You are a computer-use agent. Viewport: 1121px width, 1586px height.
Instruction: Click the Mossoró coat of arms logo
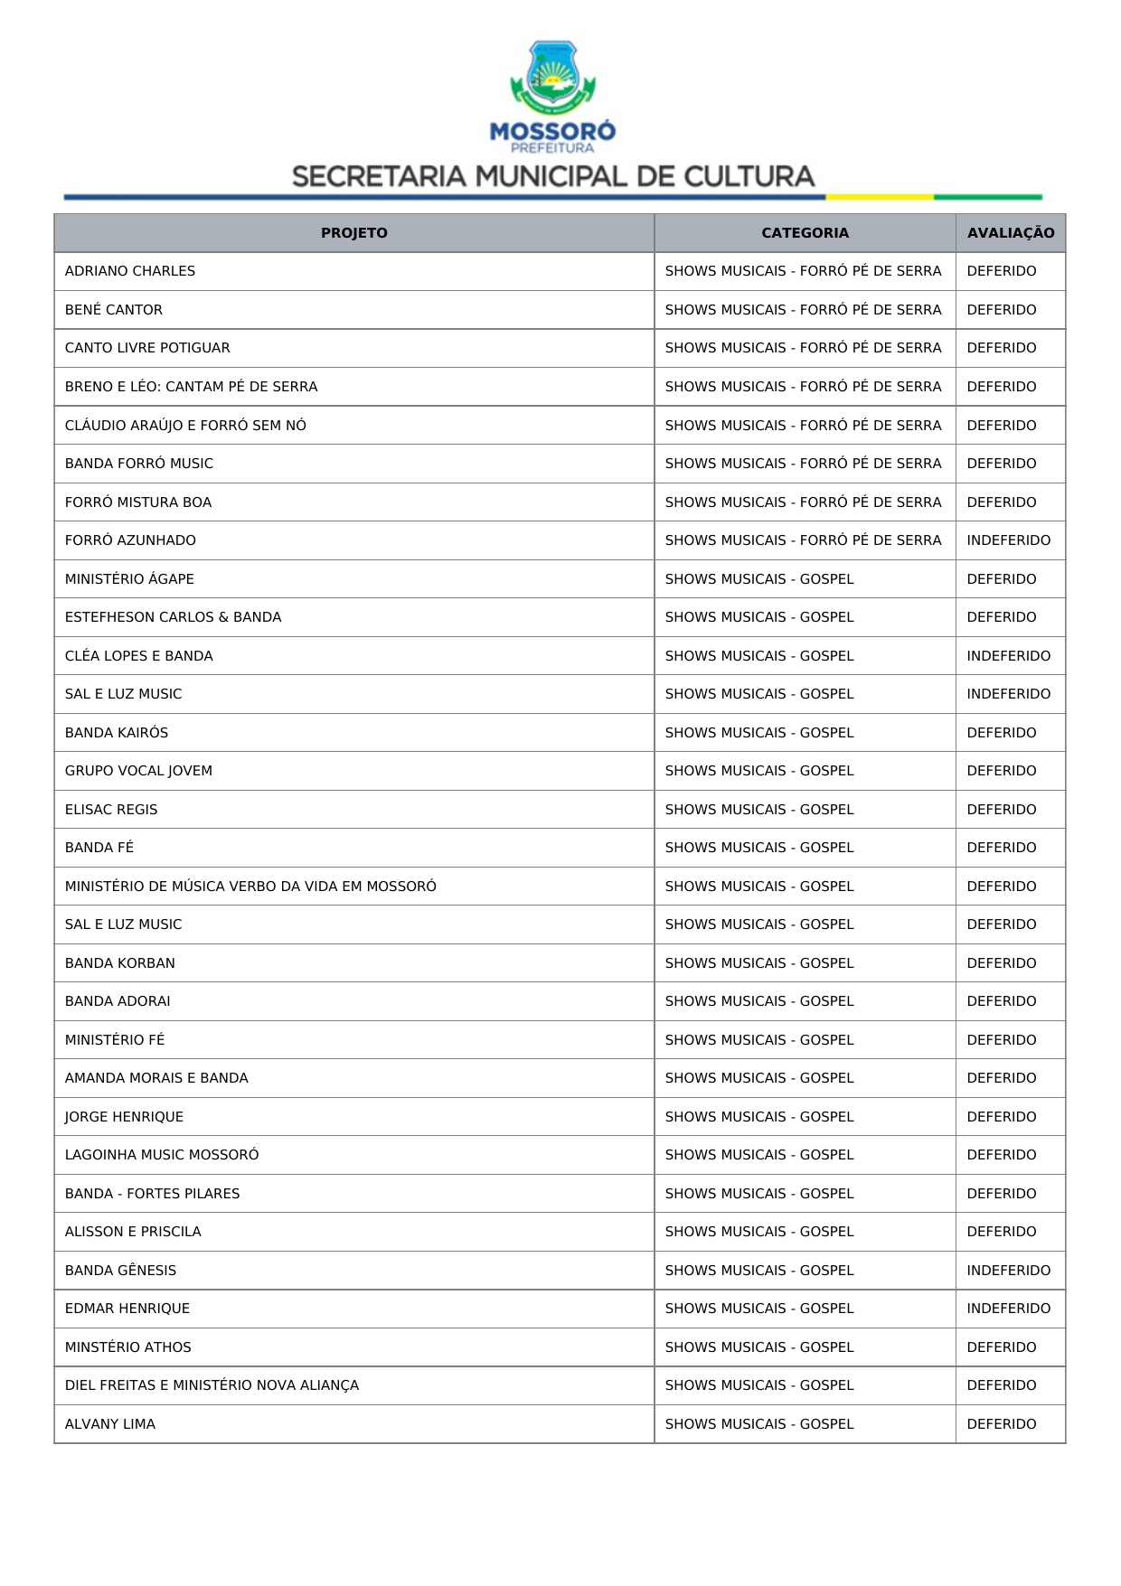point(552,78)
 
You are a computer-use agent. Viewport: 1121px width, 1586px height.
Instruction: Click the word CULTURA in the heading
point(749,176)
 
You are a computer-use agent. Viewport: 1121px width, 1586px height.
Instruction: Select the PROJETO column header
point(353,233)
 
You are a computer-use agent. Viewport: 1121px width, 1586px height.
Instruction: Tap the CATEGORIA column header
point(805,233)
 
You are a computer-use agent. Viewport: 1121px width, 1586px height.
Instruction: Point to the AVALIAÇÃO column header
point(1010,233)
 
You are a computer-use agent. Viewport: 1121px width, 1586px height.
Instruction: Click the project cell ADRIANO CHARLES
point(130,271)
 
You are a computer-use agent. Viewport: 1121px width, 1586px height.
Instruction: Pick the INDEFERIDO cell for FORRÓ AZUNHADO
point(1008,540)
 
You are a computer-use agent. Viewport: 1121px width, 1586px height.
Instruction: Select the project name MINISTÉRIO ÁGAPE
point(129,579)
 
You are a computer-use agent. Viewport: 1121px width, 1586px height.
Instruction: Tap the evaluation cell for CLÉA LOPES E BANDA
point(1008,656)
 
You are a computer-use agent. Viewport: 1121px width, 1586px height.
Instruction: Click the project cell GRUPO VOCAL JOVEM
point(138,771)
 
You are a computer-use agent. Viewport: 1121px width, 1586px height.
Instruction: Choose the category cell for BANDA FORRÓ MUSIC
point(803,464)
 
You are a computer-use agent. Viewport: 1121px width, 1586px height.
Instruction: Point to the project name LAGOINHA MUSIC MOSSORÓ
point(162,1155)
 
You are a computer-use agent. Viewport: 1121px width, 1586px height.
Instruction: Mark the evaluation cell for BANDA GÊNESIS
point(1008,1271)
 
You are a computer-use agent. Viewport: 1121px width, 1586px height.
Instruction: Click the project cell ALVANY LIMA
point(110,1424)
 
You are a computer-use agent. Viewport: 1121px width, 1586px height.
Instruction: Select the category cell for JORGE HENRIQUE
point(759,1117)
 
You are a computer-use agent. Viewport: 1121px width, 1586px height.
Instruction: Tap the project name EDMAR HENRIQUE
point(127,1309)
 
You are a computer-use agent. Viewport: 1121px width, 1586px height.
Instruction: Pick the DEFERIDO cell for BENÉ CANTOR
point(1001,310)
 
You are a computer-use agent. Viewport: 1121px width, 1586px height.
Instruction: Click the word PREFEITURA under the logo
point(552,148)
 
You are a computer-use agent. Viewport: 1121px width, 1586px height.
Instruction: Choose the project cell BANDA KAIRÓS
point(117,733)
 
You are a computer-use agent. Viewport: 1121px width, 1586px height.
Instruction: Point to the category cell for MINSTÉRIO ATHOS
point(759,1347)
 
